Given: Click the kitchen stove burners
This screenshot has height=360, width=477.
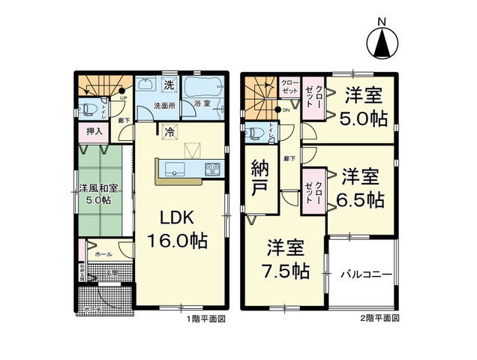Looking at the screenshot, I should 209,169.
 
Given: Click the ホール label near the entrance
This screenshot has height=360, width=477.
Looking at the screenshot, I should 103,254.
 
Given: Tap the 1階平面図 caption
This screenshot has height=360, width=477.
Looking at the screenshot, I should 205,318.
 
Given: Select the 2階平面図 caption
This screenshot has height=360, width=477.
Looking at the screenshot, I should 379,318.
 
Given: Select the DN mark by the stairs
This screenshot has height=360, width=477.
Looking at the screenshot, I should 285,110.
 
